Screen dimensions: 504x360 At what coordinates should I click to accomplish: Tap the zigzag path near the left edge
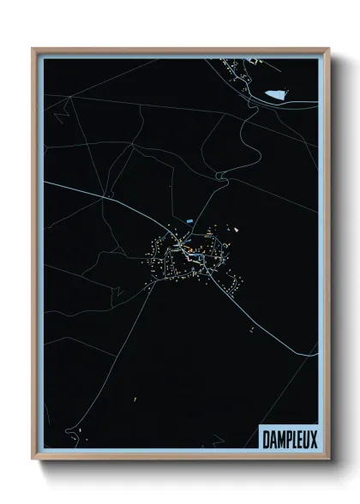click(x=59, y=112)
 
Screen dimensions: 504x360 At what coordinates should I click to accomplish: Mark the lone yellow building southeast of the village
click(x=249, y=329)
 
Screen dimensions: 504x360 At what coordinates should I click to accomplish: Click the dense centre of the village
click(x=182, y=249)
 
